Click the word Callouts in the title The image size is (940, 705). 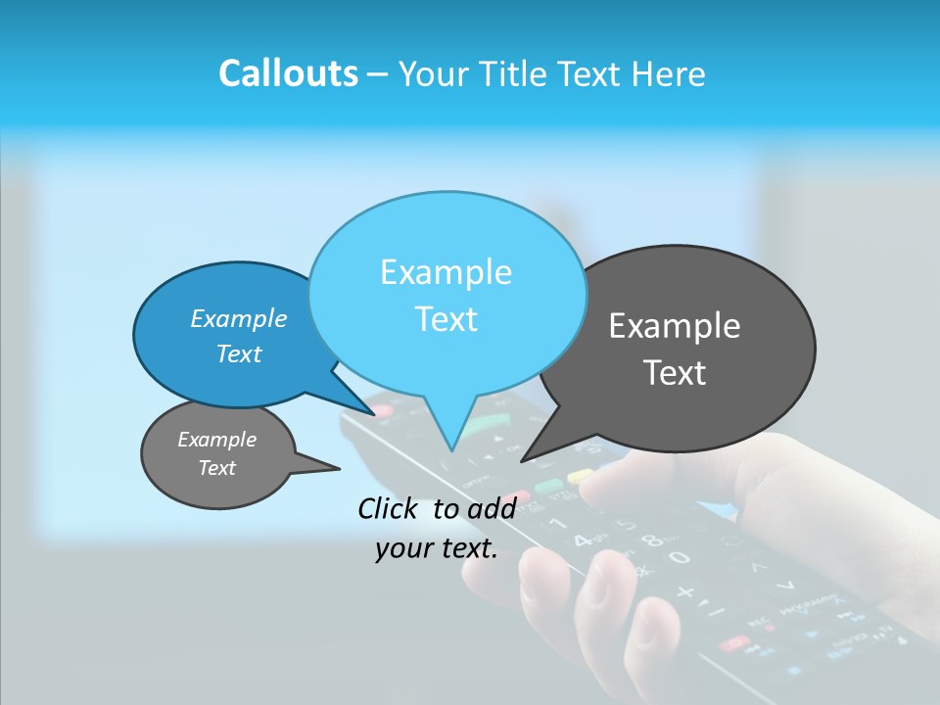(x=288, y=73)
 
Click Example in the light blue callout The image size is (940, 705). (x=446, y=272)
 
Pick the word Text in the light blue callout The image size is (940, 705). (x=446, y=319)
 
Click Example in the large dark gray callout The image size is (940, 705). (x=675, y=326)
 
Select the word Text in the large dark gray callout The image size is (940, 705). (x=675, y=373)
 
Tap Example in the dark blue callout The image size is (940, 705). (x=238, y=319)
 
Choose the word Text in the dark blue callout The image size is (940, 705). (x=238, y=353)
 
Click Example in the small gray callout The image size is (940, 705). (x=216, y=440)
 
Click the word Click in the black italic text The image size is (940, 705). (x=389, y=508)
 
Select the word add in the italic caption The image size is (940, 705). (x=492, y=508)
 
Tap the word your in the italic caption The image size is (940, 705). (x=402, y=548)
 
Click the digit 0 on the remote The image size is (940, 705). (x=680, y=558)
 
